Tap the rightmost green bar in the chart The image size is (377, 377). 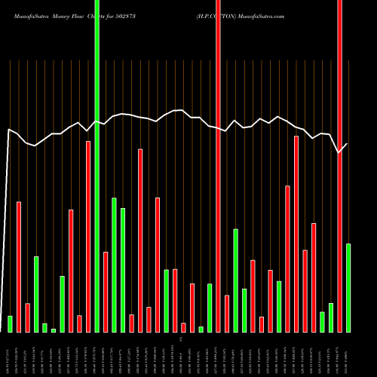[348, 287]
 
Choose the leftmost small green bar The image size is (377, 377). [11, 323]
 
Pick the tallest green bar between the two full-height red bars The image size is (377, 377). [235, 280]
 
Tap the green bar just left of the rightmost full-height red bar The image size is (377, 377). [331, 317]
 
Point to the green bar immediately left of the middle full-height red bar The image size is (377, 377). [210, 308]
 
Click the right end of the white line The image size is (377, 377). [348, 143]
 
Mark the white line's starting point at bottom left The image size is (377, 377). [1, 316]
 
